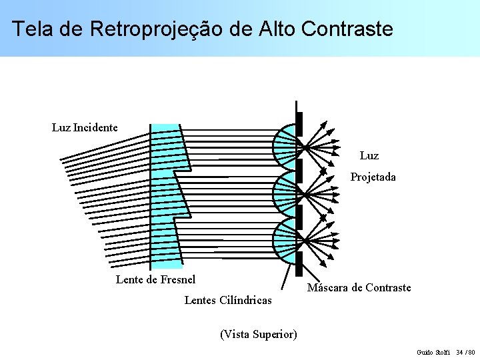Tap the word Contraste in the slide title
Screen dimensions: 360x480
click(x=347, y=29)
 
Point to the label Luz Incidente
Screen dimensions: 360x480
click(x=85, y=127)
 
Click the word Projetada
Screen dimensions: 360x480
click(x=373, y=177)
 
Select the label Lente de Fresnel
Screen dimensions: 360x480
click(x=155, y=279)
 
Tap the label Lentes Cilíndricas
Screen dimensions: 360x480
click(x=227, y=300)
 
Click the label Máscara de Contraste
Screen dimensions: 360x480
click(x=359, y=287)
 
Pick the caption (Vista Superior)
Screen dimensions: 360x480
click(x=258, y=333)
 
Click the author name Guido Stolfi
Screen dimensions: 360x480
click(x=433, y=351)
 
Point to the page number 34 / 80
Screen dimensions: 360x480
click(x=465, y=351)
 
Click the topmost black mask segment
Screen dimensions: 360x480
click(x=299, y=123)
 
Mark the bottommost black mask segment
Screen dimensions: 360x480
click(x=299, y=263)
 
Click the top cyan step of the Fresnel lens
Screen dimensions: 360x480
click(x=164, y=147)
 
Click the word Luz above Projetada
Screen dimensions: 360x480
click(x=369, y=155)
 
